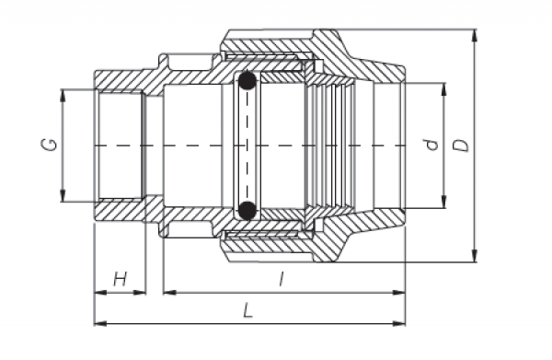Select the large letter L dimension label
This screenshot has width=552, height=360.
pos(247,310)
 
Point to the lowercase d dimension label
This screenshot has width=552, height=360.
pos(428,145)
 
